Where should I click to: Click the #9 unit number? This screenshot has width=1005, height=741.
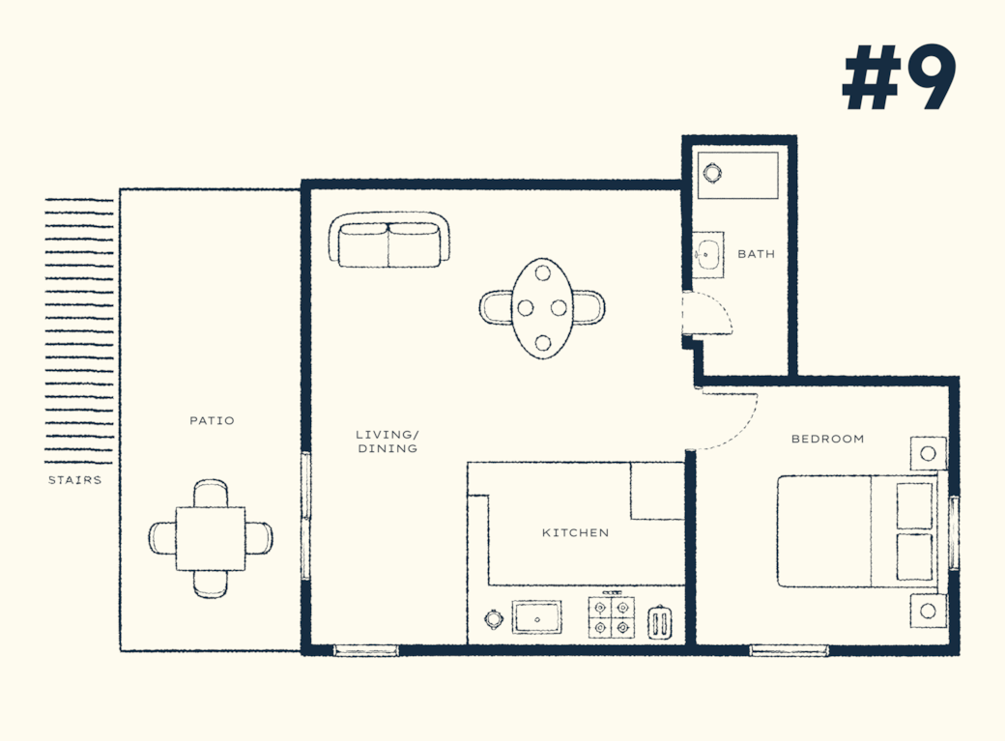coord(899,77)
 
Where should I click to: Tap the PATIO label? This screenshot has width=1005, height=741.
coord(213,420)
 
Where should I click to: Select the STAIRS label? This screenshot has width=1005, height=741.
coord(75,479)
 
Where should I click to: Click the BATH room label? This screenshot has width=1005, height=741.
coord(757,254)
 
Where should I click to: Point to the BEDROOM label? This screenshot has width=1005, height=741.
coord(827,439)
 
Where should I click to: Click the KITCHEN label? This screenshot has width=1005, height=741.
coord(576,532)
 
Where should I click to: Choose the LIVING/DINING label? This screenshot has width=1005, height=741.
coord(388,442)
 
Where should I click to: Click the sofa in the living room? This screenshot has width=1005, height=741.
coord(389,240)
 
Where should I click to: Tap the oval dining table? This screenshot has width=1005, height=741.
coord(542,307)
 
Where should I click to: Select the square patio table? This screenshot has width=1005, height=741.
coord(211,538)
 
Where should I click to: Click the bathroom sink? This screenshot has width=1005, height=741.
coord(709,254)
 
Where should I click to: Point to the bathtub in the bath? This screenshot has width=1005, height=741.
coord(738,175)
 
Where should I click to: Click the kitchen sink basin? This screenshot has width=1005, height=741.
coord(536,617)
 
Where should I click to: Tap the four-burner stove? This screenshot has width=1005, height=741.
coord(612,617)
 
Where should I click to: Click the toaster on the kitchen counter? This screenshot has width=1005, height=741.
coord(661,622)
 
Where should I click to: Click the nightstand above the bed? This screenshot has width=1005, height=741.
coord(928,453)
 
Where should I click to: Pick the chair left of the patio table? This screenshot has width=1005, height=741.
coord(161,537)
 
